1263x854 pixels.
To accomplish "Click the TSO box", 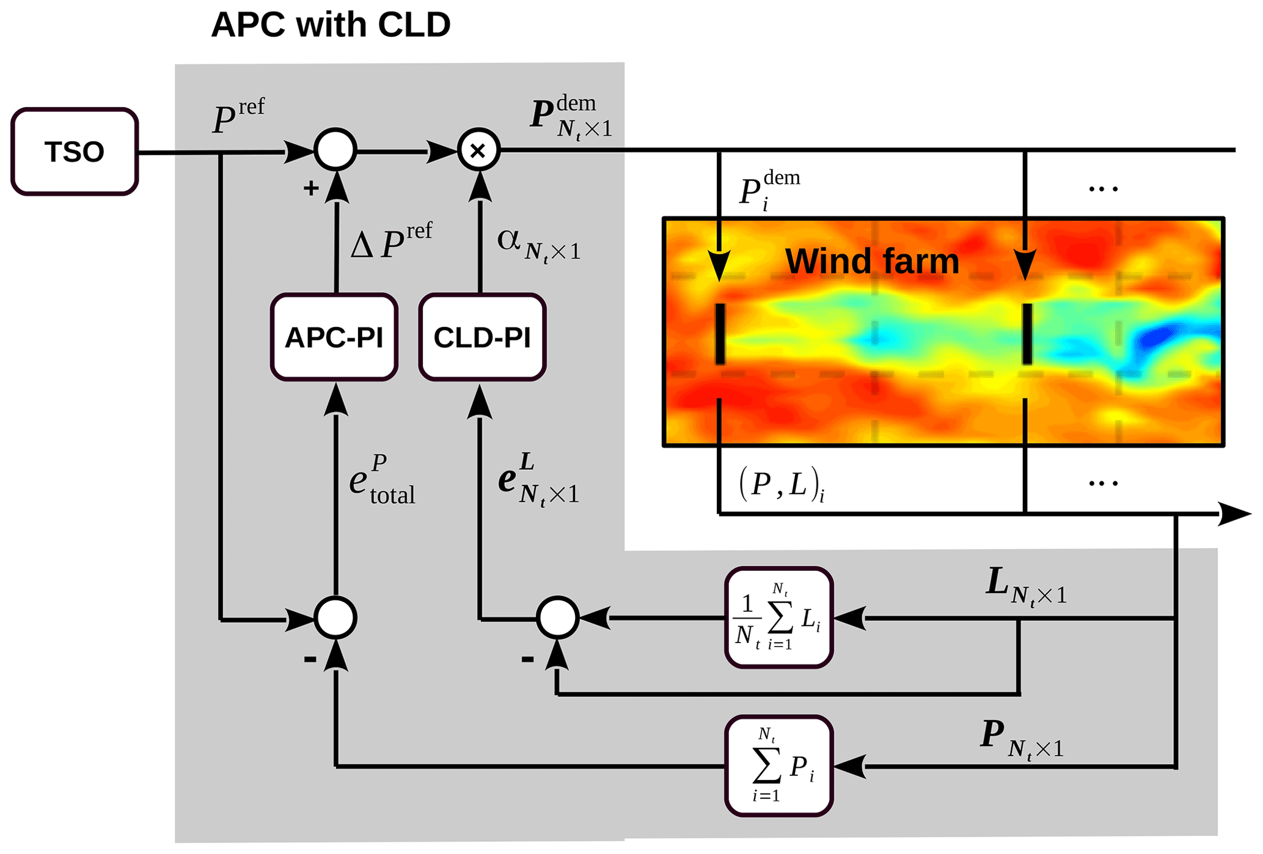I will [x=75, y=152].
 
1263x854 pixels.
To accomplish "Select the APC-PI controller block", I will [x=334, y=337].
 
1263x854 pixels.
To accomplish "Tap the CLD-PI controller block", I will [x=482, y=337].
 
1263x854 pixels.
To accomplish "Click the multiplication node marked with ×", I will [x=479, y=150].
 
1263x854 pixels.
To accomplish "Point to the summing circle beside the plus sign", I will [x=335, y=150].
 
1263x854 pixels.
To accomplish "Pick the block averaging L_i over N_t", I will [x=779, y=618].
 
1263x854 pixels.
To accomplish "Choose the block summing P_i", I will [x=779, y=766].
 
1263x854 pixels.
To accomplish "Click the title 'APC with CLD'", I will [x=331, y=25].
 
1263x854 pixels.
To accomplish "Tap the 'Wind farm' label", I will [x=872, y=261].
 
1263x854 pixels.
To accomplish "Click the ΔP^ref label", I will [x=391, y=241].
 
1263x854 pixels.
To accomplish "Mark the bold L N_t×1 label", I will [x=1026, y=586].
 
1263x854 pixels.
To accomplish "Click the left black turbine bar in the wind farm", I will [x=720, y=334].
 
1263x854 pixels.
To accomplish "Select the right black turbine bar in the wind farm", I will [x=1027, y=334].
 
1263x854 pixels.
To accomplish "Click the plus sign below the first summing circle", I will [x=311, y=188].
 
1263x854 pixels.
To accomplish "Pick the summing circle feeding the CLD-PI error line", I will [x=557, y=618].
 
